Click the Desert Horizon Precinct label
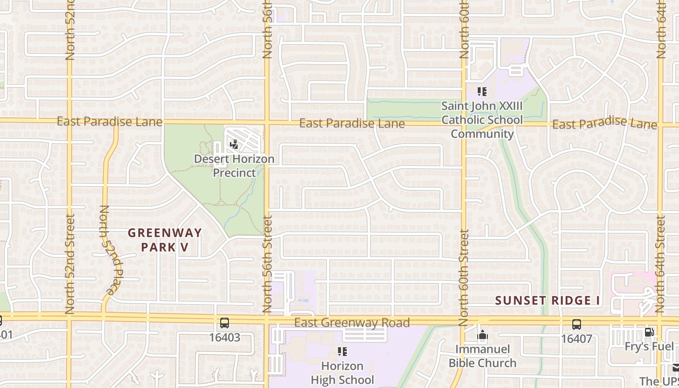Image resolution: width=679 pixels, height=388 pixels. point(234,166)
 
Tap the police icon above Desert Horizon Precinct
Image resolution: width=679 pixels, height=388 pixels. point(234,144)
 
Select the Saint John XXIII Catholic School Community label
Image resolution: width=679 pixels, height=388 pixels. point(482,120)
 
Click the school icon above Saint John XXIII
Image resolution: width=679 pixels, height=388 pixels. point(482,91)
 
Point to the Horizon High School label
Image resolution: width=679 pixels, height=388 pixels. point(342,372)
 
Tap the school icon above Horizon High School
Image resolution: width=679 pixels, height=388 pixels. point(342,351)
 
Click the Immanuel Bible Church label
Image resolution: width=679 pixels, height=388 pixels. point(482,356)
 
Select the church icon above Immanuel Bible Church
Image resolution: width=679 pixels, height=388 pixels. point(482,335)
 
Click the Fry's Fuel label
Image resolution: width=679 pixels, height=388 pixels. point(649,346)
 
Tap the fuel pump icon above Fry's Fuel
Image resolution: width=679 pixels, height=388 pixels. point(648,332)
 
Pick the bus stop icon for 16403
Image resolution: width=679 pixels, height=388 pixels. point(225,323)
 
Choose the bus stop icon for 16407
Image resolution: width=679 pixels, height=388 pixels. point(577,324)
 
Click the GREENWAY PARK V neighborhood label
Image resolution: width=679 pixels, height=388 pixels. point(165,240)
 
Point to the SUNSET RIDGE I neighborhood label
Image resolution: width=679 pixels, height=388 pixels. point(548,301)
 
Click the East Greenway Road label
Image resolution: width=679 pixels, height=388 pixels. point(352,323)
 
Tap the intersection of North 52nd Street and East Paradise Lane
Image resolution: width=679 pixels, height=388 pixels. point(69,120)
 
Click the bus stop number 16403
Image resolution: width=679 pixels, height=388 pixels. point(225,338)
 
